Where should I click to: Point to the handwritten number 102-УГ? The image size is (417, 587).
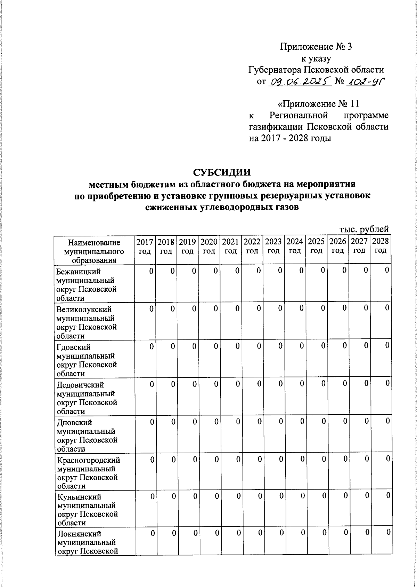366,82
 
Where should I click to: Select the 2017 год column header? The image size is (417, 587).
145,246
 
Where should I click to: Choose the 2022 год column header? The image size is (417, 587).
253,246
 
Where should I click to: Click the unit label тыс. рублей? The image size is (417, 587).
363,229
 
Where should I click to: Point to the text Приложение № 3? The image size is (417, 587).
316,47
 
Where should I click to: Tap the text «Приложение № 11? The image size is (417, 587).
318,104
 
